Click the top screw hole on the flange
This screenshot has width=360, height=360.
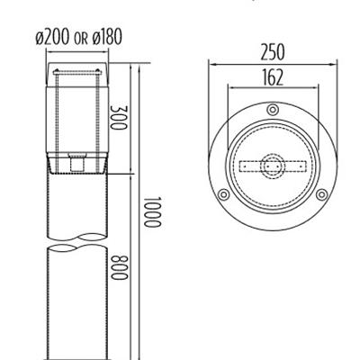(272, 109)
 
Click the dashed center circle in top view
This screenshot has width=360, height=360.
(272, 166)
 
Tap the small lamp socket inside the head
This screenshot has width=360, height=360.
(78, 163)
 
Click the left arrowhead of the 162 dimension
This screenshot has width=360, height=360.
(231, 88)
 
